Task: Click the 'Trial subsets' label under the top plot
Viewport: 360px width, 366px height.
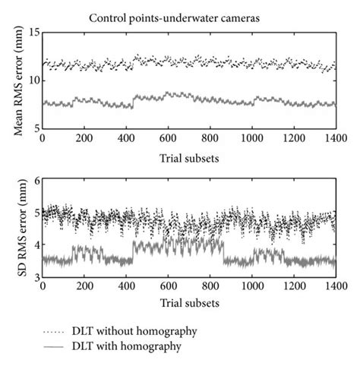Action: click(x=189, y=157)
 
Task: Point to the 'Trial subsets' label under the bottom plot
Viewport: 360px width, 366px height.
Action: click(x=189, y=303)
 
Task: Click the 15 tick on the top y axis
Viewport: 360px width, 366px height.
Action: click(x=33, y=33)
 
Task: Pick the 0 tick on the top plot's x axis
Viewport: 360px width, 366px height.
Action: click(x=43, y=140)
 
